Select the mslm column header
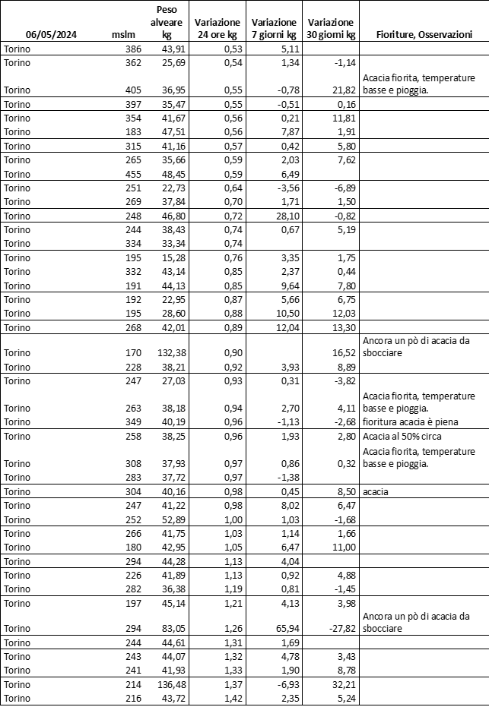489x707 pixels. pyautogui.click(x=123, y=35)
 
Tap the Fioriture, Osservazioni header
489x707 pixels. pyautogui.click(x=424, y=35)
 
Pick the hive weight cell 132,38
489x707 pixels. pyautogui.click(x=171, y=353)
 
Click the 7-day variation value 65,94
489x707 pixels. pyautogui.click(x=281, y=628)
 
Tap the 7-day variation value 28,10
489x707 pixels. pyautogui.click(x=281, y=216)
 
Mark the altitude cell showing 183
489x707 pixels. pyautogui.click(x=133, y=132)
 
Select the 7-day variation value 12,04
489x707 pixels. pyautogui.click(x=281, y=327)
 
